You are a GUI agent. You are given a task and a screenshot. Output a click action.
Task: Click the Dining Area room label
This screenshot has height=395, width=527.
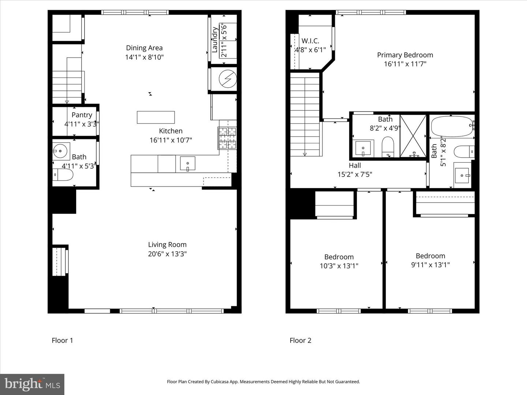point(144,48)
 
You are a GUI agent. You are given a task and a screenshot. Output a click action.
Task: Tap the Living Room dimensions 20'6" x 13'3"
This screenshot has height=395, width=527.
point(167,254)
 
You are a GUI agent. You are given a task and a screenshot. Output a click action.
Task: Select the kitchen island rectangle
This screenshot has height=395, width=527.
point(156,117)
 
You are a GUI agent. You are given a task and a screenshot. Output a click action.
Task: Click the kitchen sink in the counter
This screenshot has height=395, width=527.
point(187,163)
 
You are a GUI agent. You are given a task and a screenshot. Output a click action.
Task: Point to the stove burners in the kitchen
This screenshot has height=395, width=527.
point(227,138)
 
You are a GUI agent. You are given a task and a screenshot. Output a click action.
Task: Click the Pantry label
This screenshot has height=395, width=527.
point(82,115)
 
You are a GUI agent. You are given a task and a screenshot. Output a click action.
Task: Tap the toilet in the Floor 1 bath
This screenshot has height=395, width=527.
point(63,175)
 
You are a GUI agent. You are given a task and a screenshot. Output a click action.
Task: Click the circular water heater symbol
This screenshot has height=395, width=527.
point(228,79)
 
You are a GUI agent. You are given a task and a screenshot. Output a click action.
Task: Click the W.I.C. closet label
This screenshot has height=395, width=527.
point(310,41)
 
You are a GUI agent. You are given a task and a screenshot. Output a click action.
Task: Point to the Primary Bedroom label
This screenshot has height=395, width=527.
point(405,55)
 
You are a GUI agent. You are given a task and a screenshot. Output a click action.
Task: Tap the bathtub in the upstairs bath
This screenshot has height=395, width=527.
point(452,127)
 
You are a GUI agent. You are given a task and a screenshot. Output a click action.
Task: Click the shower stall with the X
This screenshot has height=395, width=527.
point(413,136)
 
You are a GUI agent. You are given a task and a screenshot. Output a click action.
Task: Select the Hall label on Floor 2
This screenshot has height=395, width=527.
point(355,166)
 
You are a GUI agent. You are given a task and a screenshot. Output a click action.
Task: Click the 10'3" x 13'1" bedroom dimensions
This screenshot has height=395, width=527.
point(339,266)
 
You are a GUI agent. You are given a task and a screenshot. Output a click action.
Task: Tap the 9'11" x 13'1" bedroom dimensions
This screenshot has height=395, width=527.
point(430,265)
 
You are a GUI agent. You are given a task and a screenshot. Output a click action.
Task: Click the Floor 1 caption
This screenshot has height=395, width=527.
point(63,341)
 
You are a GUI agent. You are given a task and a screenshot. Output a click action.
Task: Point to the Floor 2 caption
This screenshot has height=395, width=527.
point(300,341)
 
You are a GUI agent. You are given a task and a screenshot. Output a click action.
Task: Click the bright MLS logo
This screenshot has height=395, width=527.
point(32,384)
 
